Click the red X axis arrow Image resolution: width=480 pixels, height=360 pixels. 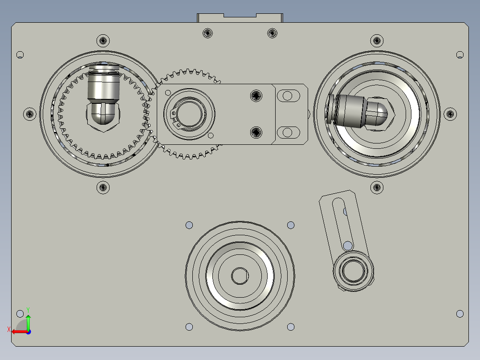coord(18,331)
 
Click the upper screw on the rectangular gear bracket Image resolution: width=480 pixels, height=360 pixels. coord(256,94)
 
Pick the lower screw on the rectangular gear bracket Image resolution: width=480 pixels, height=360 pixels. coord(256,132)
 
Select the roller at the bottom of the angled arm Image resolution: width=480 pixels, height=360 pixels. coord(354,269)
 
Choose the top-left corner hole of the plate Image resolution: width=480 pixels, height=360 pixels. coord(20,55)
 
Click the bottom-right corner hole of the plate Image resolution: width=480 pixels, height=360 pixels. coord(460,314)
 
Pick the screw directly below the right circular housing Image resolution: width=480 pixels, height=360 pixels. coord(377,187)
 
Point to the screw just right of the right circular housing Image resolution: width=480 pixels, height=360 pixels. coord(450,114)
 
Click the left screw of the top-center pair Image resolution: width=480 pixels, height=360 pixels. coord(207,33)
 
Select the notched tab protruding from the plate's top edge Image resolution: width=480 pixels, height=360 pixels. coord(240,17)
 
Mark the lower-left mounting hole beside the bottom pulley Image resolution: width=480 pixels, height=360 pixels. coord(189,327)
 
